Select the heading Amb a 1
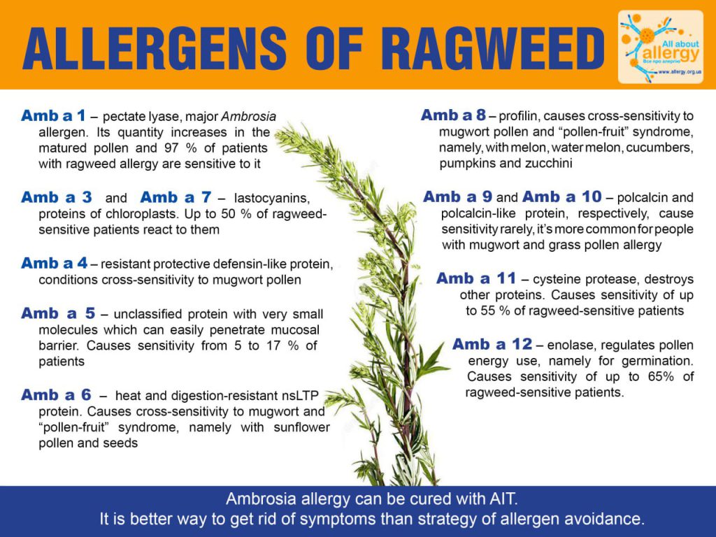pyautogui.click(x=53, y=115)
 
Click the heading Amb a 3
pyautogui.click(x=57, y=197)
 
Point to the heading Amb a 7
pyautogui.click(x=176, y=197)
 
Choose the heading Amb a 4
pyautogui.click(x=55, y=263)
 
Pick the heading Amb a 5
pyautogui.click(x=58, y=313)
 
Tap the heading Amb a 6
pyautogui.click(x=56, y=394)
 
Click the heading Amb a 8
pyautogui.click(x=453, y=115)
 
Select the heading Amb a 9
pyautogui.click(x=457, y=196)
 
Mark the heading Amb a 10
pyautogui.click(x=562, y=196)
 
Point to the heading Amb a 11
pyautogui.click(x=476, y=278)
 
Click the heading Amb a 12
pyautogui.click(x=493, y=344)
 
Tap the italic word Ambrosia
pyautogui.click(x=249, y=117)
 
